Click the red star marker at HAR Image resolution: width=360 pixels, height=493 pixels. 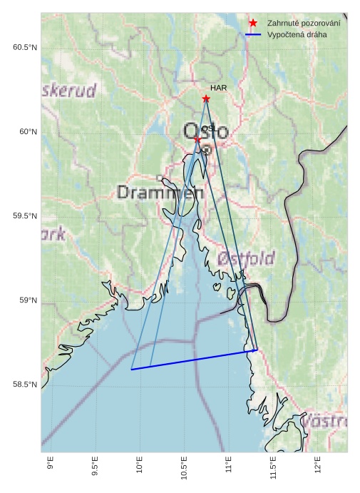click(x=206, y=98)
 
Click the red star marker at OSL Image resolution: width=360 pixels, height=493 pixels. click(x=197, y=140)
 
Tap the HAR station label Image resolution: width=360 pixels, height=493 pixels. click(x=218, y=88)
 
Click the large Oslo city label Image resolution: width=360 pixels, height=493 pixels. click(x=206, y=132)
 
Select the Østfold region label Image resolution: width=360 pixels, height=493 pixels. click(x=247, y=258)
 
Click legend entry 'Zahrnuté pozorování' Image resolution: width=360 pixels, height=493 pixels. click(x=304, y=24)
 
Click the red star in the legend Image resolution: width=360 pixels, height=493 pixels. click(x=253, y=24)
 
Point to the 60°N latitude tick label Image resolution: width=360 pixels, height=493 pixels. click(x=24, y=132)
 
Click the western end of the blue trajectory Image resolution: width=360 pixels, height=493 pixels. click(x=132, y=370)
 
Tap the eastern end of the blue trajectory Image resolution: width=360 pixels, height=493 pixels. click(x=256, y=350)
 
